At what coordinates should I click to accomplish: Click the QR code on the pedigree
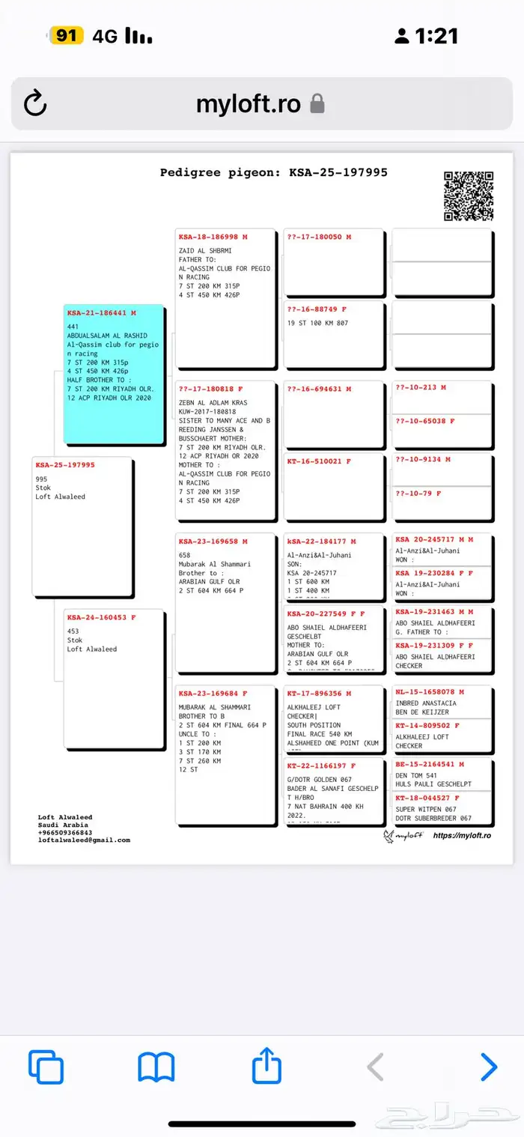(x=469, y=196)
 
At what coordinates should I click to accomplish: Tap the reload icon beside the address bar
(x=35, y=103)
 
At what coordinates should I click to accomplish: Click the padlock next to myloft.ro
(x=317, y=103)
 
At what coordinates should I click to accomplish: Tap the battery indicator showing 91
(x=66, y=35)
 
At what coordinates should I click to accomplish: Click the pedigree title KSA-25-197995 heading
(x=273, y=172)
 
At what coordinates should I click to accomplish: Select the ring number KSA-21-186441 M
(x=102, y=313)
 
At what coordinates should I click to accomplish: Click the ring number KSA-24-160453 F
(x=102, y=618)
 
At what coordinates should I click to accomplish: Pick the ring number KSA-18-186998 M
(x=213, y=237)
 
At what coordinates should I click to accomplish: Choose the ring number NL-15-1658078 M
(x=430, y=692)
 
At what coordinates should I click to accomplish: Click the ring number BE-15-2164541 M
(x=430, y=765)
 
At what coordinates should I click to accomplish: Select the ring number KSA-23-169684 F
(x=213, y=694)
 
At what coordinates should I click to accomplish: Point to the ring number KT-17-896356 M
(x=319, y=694)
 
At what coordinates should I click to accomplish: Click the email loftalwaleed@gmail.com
(x=84, y=840)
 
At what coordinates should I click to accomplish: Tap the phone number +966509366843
(x=65, y=832)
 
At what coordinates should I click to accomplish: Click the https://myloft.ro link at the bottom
(x=462, y=835)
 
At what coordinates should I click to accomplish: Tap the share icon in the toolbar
(x=266, y=1066)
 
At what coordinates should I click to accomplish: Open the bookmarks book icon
(x=156, y=1067)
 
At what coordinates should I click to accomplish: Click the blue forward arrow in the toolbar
(x=488, y=1066)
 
